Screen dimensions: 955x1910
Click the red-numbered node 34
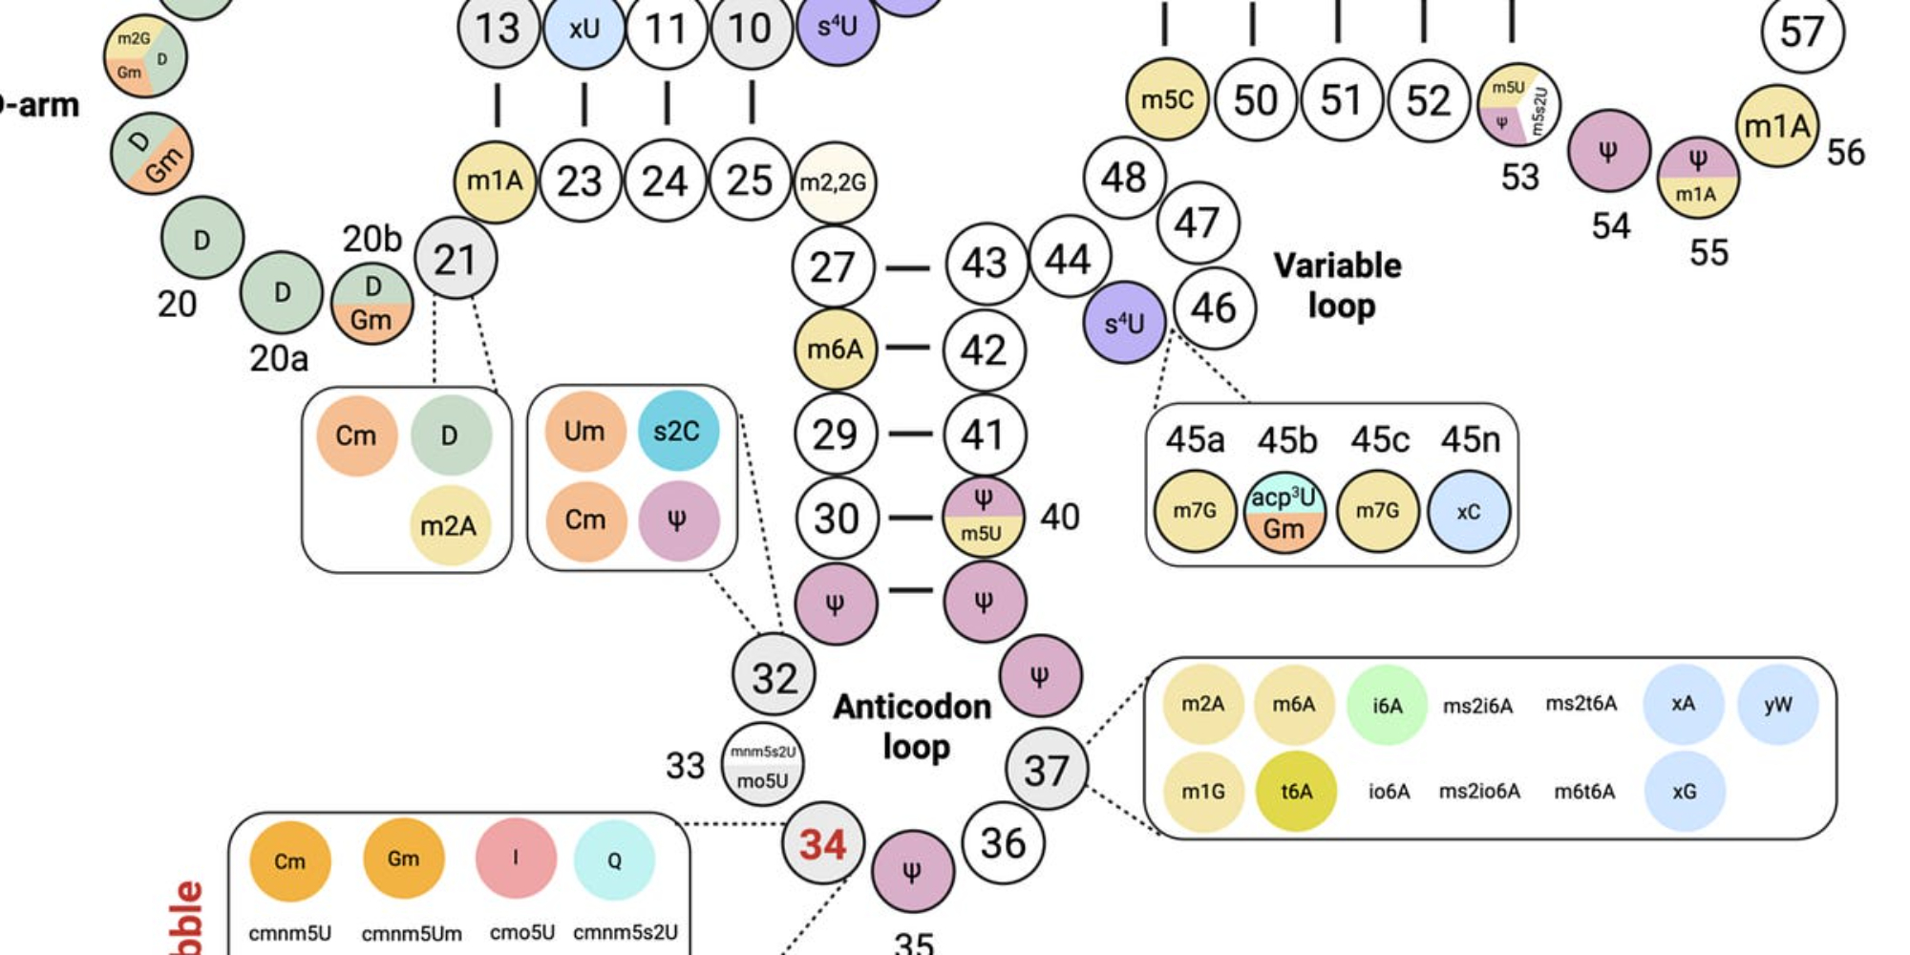coord(822,844)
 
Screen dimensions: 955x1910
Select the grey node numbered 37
coord(1046,770)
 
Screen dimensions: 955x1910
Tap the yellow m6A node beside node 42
coord(835,350)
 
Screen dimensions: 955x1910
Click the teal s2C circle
coord(677,432)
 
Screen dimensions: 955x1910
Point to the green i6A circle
coord(1387,706)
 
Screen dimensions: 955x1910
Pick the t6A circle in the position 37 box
coord(1296,792)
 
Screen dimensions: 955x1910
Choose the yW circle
coord(1777,706)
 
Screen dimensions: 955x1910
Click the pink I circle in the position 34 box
coord(516,858)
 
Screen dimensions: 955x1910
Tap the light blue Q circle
coord(614,859)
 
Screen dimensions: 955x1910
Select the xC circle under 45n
coord(1469,512)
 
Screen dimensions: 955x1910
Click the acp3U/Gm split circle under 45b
coord(1284,513)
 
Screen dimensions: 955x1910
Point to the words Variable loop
coord(1338,286)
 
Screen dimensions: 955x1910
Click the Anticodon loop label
coord(913,727)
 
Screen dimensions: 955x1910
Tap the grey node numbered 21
coord(456,259)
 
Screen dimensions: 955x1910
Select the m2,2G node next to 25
coord(834,182)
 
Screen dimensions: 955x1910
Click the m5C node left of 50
coord(1167,99)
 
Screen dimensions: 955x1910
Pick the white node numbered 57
coord(1802,32)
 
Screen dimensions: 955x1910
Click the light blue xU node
coord(584,29)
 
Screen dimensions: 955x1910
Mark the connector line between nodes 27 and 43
coord(907,268)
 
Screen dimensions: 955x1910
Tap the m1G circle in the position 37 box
coord(1202,792)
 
